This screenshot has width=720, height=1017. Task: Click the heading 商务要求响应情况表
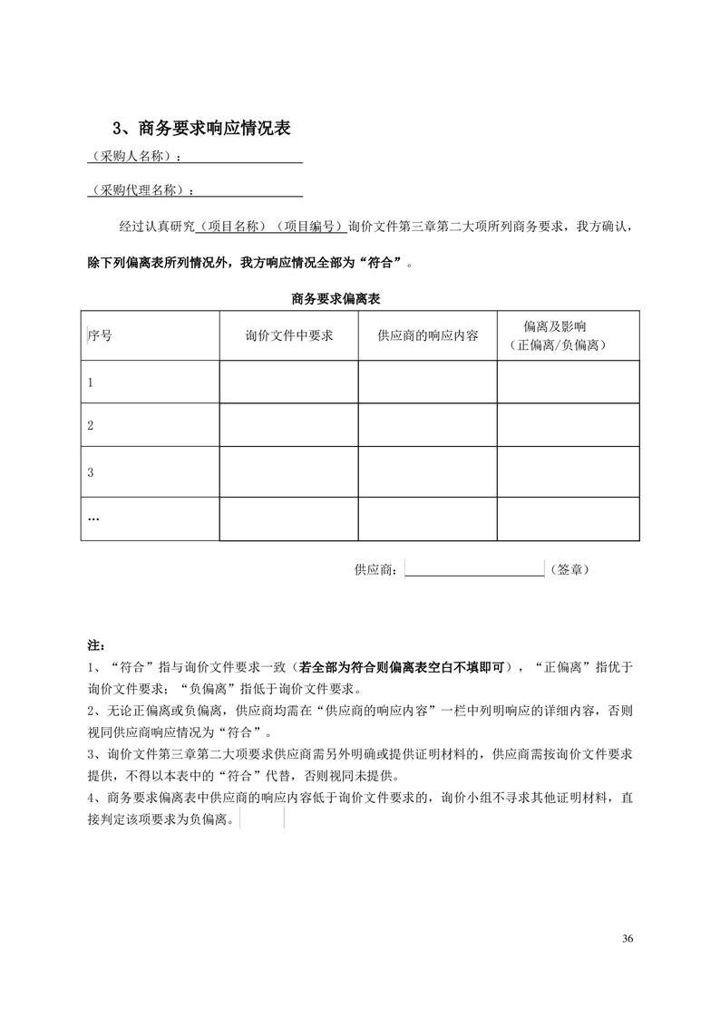199,129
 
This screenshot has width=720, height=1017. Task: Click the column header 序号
100,334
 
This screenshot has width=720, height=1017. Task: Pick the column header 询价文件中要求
289,334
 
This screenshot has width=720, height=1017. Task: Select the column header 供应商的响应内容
427,334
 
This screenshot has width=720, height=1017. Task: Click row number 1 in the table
91,383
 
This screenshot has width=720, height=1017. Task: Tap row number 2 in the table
91,425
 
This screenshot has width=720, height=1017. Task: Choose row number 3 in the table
91,472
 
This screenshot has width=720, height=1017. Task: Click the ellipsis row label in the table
93,518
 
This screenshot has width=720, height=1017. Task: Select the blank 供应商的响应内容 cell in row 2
427,425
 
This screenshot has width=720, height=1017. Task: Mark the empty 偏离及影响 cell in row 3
568,472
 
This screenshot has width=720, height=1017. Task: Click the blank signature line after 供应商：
473,569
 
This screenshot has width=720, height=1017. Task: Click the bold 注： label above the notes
95,645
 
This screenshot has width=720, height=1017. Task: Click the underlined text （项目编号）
310,226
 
